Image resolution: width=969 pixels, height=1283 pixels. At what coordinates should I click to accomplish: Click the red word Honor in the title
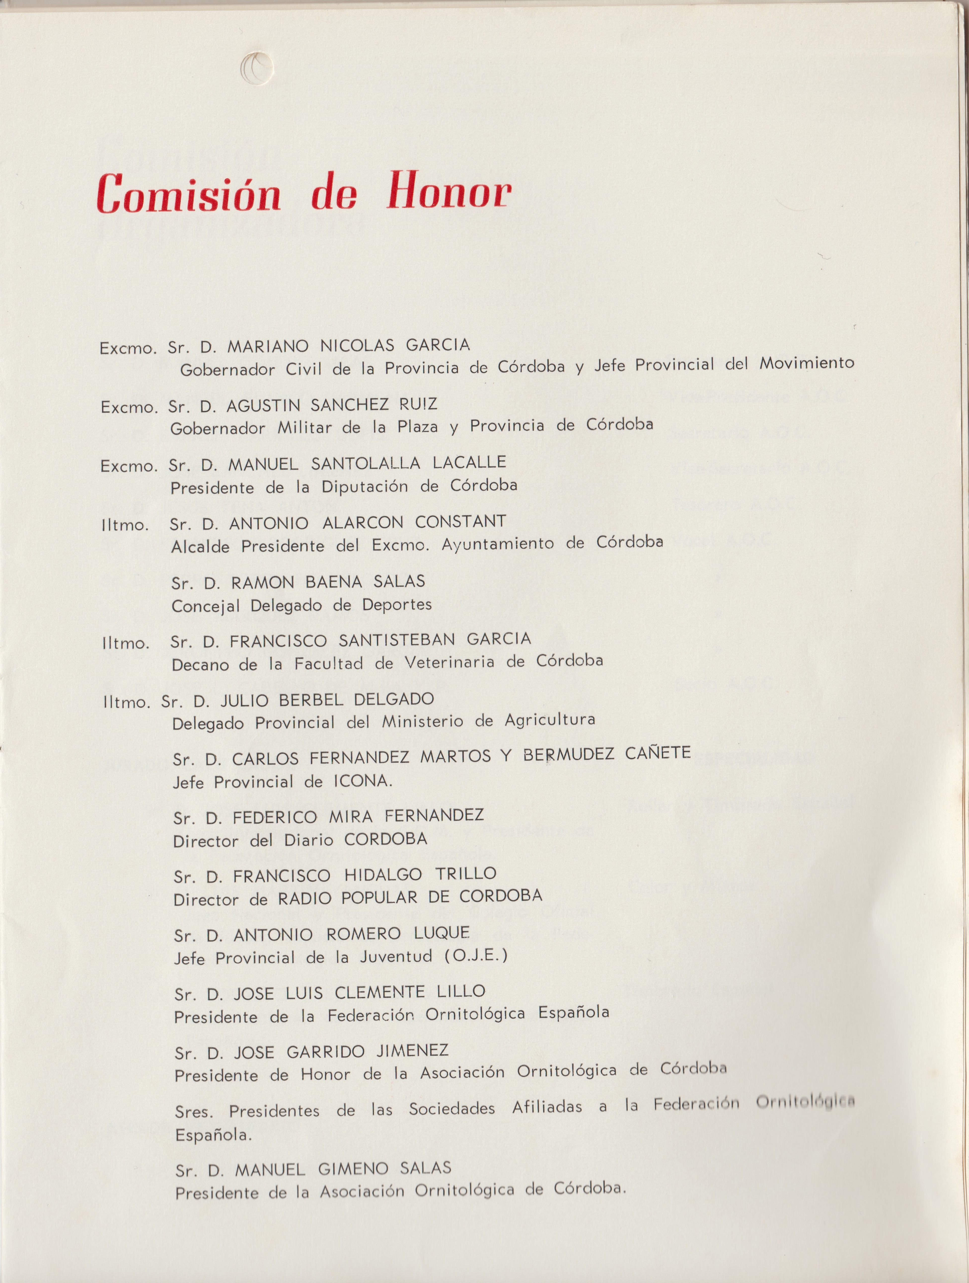(x=449, y=191)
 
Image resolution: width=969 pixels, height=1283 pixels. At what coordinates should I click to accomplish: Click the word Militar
(x=304, y=427)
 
